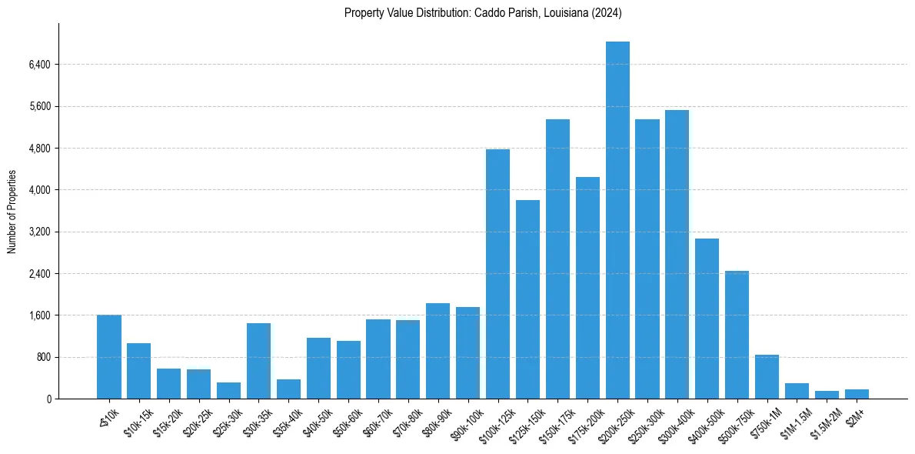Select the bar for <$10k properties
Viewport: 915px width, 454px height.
pos(109,357)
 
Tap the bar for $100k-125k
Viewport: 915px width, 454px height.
pos(497,274)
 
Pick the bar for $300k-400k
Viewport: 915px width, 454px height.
pos(677,254)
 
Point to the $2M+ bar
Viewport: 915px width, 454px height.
pos(857,394)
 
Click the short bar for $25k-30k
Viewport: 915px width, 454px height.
pos(228,391)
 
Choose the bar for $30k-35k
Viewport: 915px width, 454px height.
pos(258,361)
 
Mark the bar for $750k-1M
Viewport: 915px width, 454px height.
pos(767,377)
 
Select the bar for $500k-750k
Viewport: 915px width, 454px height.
pos(737,335)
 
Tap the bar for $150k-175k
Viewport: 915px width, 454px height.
pos(557,259)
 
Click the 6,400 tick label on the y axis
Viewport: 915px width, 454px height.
pos(38,65)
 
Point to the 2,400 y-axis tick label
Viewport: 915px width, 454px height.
pos(38,274)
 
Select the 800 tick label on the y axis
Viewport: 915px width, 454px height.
pos(42,358)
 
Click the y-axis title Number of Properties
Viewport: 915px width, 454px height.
pos(12,212)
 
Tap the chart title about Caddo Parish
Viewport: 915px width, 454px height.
pos(483,13)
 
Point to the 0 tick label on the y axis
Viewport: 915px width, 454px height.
pos(48,399)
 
